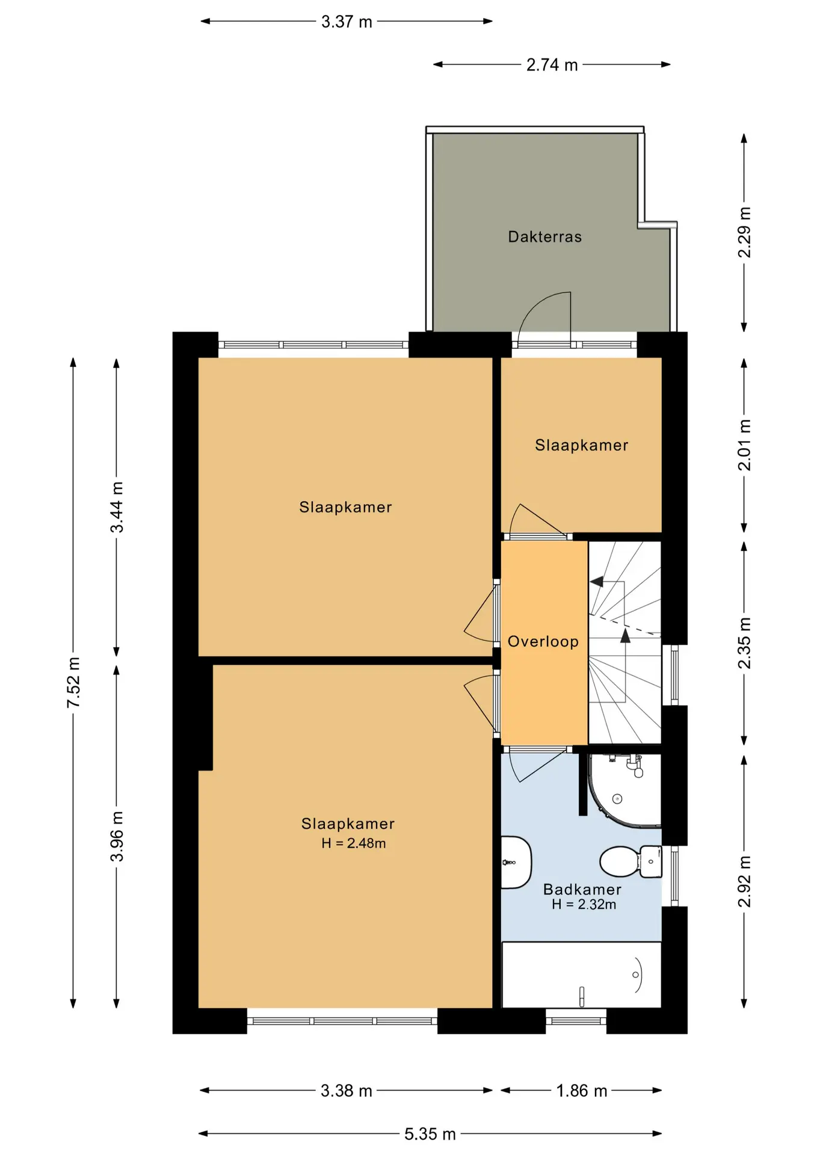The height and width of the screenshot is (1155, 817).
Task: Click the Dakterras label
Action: tap(544, 236)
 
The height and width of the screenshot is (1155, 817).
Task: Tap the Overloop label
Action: tap(543, 641)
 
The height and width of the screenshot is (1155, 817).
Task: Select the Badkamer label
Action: tap(582, 889)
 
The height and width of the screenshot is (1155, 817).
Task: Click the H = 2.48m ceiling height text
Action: tap(354, 843)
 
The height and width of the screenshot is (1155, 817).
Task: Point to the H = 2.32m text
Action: tap(584, 904)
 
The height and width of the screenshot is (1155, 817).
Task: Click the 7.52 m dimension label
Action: tap(73, 682)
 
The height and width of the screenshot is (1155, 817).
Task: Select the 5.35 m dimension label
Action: tap(430, 1134)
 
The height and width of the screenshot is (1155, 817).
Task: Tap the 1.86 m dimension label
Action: tap(582, 1091)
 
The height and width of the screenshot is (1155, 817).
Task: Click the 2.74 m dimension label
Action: tap(552, 64)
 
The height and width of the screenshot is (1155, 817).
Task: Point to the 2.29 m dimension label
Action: tap(744, 232)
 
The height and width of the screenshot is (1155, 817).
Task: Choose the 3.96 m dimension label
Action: tap(117, 836)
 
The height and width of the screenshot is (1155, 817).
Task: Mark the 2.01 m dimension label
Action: tap(744, 445)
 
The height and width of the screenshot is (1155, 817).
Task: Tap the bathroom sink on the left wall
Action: tap(516, 862)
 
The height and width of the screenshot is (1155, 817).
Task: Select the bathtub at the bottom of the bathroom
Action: tap(581, 975)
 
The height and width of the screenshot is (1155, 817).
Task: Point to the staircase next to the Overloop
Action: tap(624, 642)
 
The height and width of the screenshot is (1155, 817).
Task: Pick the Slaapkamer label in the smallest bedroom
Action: tap(582, 445)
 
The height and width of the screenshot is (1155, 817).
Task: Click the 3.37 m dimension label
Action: tap(347, 22)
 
